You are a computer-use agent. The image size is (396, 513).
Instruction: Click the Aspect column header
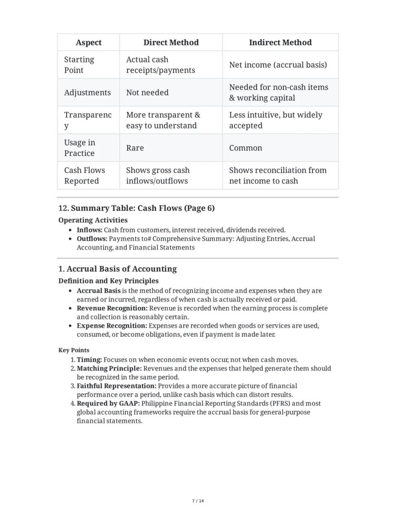pos(88,43)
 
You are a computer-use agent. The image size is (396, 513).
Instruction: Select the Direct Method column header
pos(171,43)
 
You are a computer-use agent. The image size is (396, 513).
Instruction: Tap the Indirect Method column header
pos(280,43)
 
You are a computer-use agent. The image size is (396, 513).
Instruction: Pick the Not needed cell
pos(147,92)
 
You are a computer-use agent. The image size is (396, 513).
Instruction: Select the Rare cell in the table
pos(135,148)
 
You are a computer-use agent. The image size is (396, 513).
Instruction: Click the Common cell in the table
pos(245,148)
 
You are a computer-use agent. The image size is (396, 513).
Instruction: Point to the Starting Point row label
pos(79,65)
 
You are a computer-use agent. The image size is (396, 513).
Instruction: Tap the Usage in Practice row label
pos(79,148)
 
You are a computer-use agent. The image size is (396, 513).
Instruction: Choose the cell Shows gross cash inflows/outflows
pos(158,175)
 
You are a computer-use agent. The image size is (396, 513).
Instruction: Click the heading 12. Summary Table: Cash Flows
pos(136,208)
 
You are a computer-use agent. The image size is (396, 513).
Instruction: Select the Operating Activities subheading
pos(93,220)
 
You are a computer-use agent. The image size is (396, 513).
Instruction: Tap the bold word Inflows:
pos(89,230)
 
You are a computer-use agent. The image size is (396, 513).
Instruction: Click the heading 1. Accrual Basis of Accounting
pos(117,269)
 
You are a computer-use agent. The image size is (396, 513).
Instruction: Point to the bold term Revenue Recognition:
pos(112,308)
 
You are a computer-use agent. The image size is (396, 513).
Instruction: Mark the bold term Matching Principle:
pos(109,368)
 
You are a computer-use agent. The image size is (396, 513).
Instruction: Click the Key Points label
pos(74,350)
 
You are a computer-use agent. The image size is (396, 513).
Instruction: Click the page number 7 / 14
pos(198,501)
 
